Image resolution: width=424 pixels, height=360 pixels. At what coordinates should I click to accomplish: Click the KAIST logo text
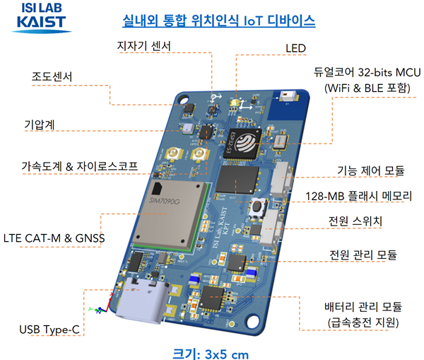tap(42, 23)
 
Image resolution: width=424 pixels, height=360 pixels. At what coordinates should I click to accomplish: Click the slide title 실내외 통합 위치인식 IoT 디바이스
tap(218, 19)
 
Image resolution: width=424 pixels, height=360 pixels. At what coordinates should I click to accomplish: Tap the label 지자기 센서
tap(143, 47)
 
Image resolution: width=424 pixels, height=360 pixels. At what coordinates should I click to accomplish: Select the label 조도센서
tap(53, 76)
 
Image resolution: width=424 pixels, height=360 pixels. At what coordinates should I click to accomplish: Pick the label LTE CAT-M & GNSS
tap(54, 238)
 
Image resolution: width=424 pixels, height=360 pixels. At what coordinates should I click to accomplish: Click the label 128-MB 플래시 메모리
tap(363, 196)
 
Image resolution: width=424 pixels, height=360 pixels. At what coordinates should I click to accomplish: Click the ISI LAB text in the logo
tap(42, 8)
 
